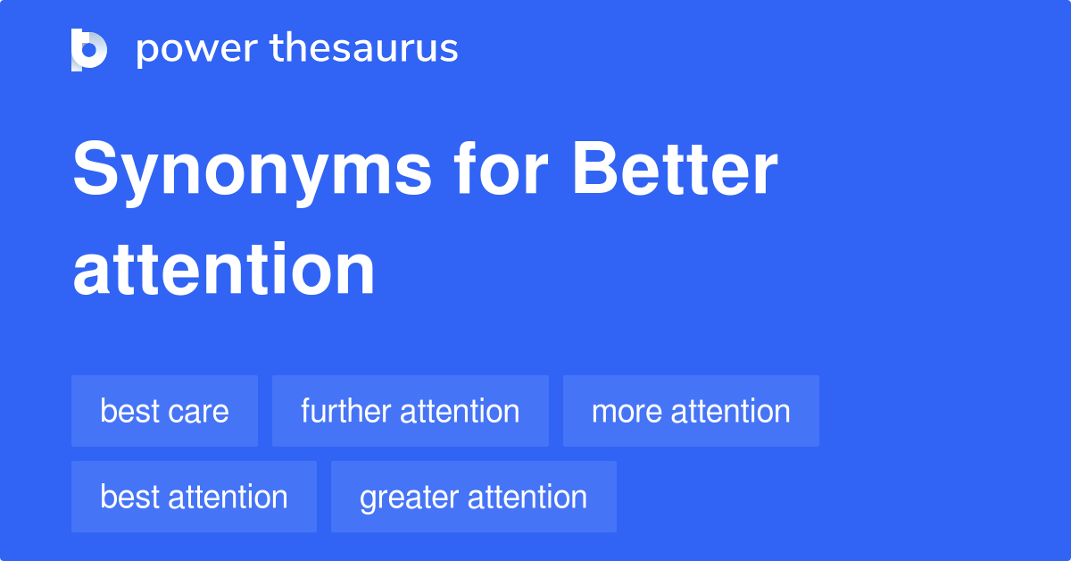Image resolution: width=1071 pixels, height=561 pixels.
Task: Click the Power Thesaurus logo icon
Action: coord(89,49)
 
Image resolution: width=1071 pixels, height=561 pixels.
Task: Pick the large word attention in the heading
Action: coord(224,269)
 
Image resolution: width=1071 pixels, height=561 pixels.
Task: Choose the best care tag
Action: coord(164,411)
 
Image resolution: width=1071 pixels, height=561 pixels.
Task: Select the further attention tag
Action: coord(410,411)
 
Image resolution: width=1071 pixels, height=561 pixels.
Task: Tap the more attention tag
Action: coord(691,411)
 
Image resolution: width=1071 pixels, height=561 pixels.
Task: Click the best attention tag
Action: coord(194,497)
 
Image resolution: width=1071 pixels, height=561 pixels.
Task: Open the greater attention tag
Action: coord(473,497)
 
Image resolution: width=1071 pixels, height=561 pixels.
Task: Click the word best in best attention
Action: coord(130,497)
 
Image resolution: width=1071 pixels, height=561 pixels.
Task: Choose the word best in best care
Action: coord(130,411)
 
